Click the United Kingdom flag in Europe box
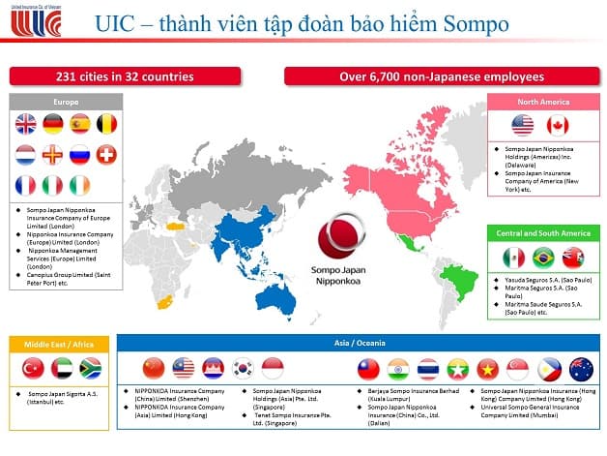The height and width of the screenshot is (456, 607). (26, 124)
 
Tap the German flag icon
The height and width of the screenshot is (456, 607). (53, 124)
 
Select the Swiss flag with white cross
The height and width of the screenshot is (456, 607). (107, 154)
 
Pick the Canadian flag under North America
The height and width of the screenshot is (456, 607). (558, 125)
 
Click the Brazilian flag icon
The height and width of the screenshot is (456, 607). (543, 258)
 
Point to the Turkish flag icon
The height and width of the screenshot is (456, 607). (31, 368)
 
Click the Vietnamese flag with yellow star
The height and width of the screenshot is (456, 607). (487, 368)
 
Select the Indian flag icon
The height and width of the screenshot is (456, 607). (397, 368)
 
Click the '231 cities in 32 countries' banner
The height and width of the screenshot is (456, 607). (137, 76)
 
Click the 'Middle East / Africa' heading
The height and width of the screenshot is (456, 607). (58, 342)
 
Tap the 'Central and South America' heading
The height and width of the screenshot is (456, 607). (543, 233)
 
